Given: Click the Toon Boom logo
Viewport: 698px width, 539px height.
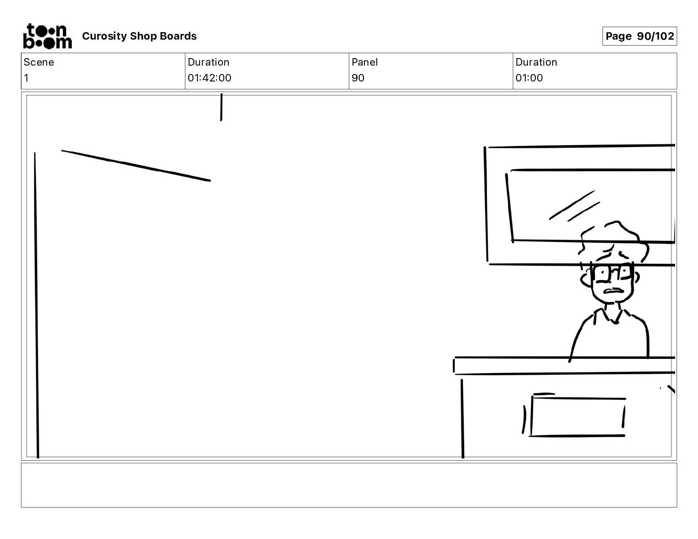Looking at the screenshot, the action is pyautogui.click(x=47, y=36).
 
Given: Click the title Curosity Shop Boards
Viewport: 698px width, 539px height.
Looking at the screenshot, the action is pyautogui.click(x=139, y=36).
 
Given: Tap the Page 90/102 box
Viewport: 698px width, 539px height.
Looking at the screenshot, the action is pyautogui.click(x=639, y=36).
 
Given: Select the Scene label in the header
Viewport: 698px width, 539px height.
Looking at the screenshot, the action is pyautogui.click(x=39, y=62).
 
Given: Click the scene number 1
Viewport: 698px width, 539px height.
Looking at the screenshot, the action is pyautogui.click(x=26, y=78).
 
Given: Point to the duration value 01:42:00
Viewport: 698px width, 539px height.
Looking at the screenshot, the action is pyautogui.click(x=209, y=78).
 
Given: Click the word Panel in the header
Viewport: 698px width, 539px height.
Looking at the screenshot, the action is pyautogui.click(x=364, y=62).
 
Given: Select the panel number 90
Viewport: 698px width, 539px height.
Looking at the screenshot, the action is pyautogui.click(x=358, y=78).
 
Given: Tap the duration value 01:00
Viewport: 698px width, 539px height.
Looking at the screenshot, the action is pyautogui.click(x=529, y=78).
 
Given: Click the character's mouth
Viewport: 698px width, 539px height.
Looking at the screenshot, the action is pyautogui.click(x=613, y=291).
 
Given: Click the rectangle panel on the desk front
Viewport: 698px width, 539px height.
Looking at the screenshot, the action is pyautogui.click(x=577, y=417).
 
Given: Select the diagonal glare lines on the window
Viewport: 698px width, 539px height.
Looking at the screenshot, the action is pyautogui.click(x=574, y=206).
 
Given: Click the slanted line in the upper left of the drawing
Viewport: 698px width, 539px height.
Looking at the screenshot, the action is pyautogui.click(x=136, y=165).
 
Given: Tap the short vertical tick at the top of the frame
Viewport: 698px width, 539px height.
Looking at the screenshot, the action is pyautogui.click(x=221, y=107).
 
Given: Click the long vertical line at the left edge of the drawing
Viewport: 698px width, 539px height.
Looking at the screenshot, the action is pyautogui.click(x=36, y=304).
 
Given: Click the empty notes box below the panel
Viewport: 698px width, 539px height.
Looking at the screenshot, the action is pyautogui.click(x=349, y=485).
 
